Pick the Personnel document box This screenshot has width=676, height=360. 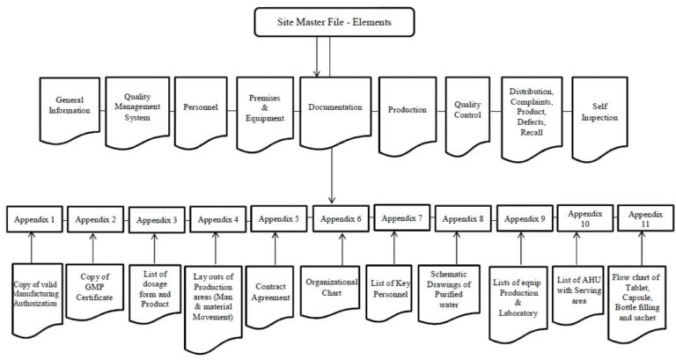coord(199,111)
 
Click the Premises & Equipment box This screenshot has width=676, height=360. coord(265,111)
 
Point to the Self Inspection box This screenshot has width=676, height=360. coord(596,110)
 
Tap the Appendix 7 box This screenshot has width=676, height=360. coord(400,217)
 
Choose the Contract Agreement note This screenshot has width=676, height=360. coord(275,291)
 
